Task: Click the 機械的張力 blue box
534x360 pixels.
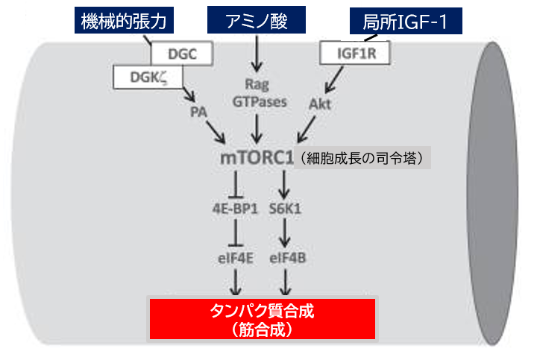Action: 125,21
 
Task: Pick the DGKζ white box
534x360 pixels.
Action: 147,75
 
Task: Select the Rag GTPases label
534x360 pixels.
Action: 257,94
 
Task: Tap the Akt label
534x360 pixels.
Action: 320,104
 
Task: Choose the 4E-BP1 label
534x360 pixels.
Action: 235,209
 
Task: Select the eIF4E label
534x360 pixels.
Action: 235,258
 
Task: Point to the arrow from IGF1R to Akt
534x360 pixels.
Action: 335,78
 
